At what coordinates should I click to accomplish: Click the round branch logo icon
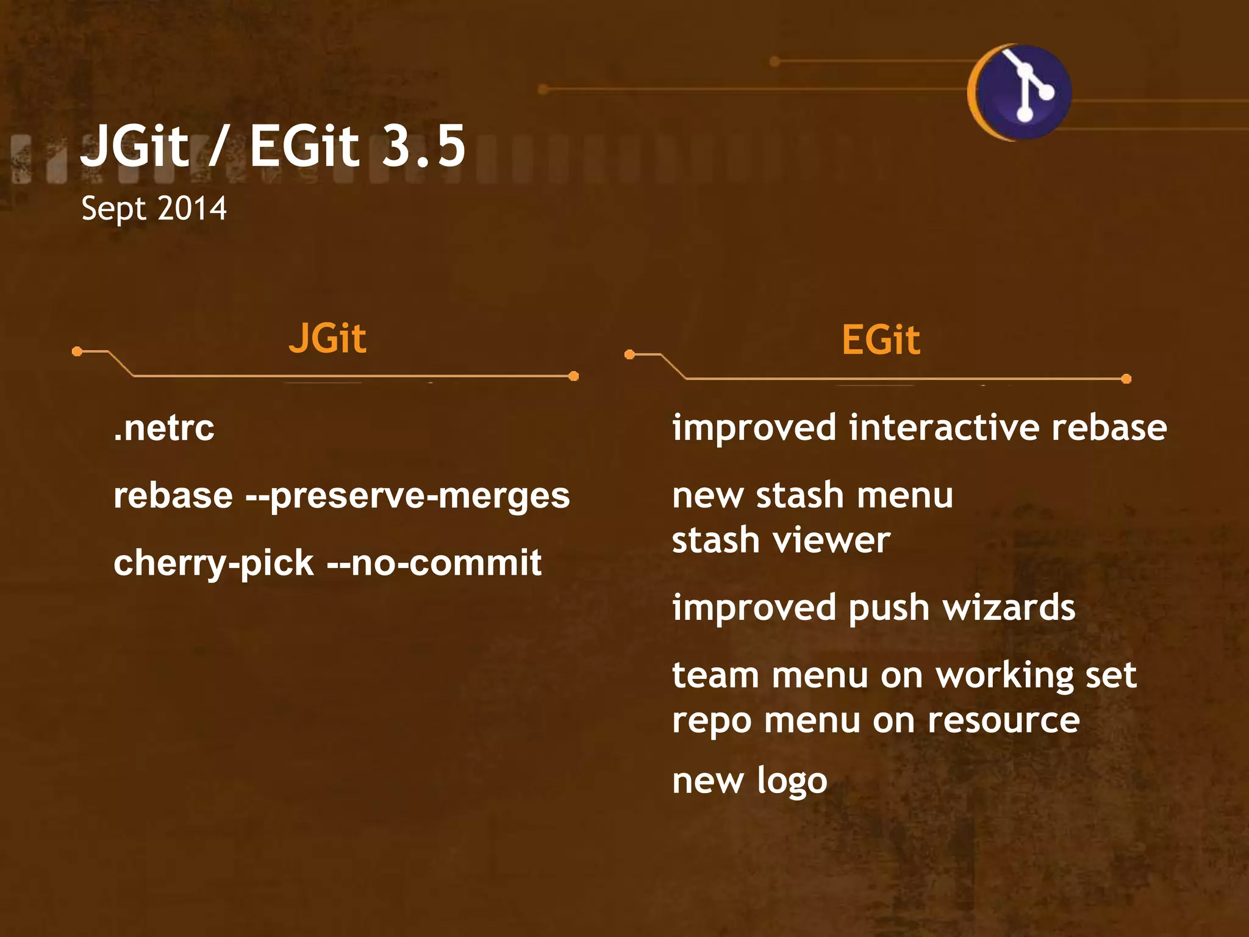pos(1022,92)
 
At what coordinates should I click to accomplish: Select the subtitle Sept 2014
pos(154,209)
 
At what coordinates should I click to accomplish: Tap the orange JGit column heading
pos(327,339)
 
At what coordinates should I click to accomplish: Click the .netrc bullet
pos(164,428)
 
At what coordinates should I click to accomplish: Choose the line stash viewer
pos(781,541)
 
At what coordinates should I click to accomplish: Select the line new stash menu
pos(812,495)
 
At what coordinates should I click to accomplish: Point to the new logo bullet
pos(750,781)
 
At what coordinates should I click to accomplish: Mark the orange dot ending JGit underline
pos(573,376)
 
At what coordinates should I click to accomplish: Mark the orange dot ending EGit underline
pos(1126,379)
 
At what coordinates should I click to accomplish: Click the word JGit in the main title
pos(135,146)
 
